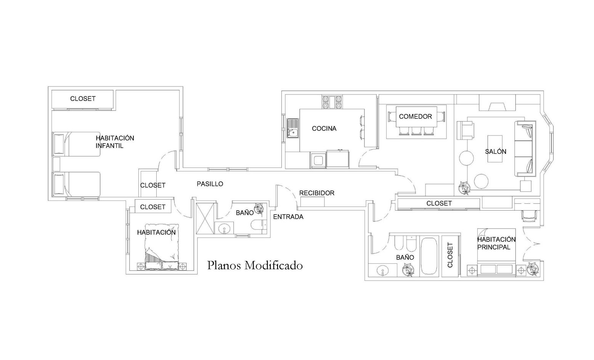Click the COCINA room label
coord(324,128)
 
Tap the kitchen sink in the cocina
coord(293,128)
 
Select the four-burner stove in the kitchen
coord(332,102)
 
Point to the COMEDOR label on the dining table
coord(415,116)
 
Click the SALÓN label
coord(496,152)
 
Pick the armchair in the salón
coord(465,130)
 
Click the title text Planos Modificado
coord(255,266)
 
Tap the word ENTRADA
coord(288,217)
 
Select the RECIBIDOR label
coord(316,193)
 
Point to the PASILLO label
coord(210,184)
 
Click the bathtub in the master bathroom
coord(429,256)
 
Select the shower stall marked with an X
coord(205,218)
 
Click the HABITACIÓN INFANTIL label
coord(115,142)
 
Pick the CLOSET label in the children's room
coord(83,99)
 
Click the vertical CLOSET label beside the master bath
coord(450,255)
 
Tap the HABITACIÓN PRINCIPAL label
coord(496,243)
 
